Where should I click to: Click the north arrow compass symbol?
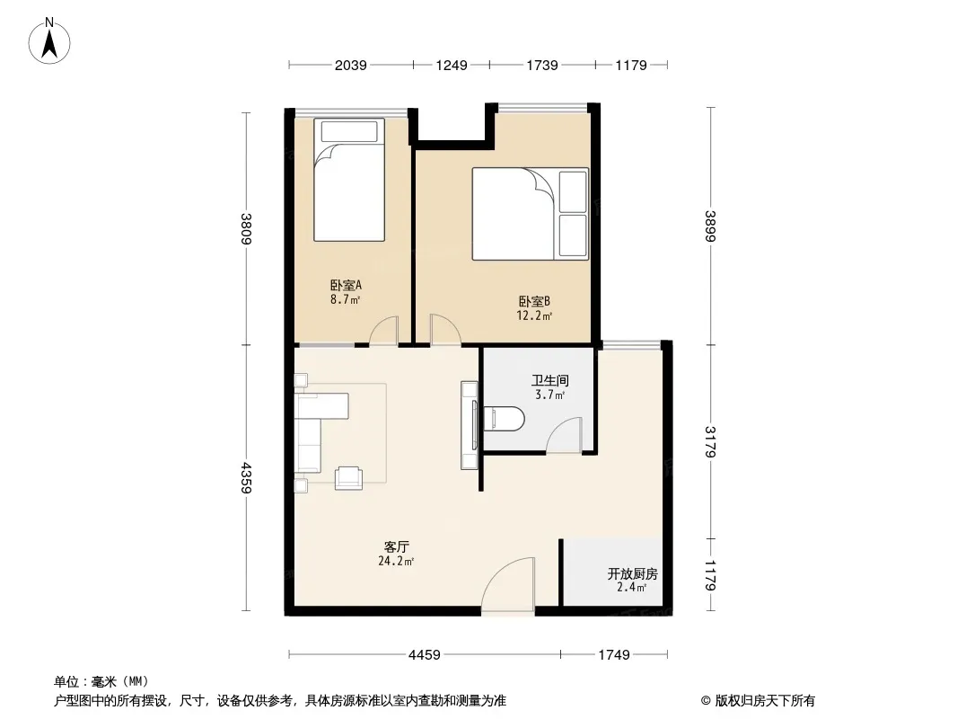tap(49, 41)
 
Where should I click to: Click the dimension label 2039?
tap(351, 65)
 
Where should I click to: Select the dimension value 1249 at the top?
tap(452, 65)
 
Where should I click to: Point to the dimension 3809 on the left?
tap(246, 228)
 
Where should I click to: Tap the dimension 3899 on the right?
tap(710, 226)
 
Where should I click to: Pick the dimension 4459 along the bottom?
tap(424, 655)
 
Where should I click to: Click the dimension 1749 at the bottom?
tap(613, 655)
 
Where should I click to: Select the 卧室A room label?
tap(346, 285)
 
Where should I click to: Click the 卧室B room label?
tap(535, 301)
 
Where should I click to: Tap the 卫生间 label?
tap(550, 380)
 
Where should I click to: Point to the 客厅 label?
tap(397, 546)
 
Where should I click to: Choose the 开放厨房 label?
tap(632, 573)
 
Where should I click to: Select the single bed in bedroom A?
tap(349, 180)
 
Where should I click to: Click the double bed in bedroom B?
tap(531, 214)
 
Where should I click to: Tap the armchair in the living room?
tap(348, 477)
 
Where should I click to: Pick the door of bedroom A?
tap(384, 331)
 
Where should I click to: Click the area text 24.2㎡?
tap(396, 561)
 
